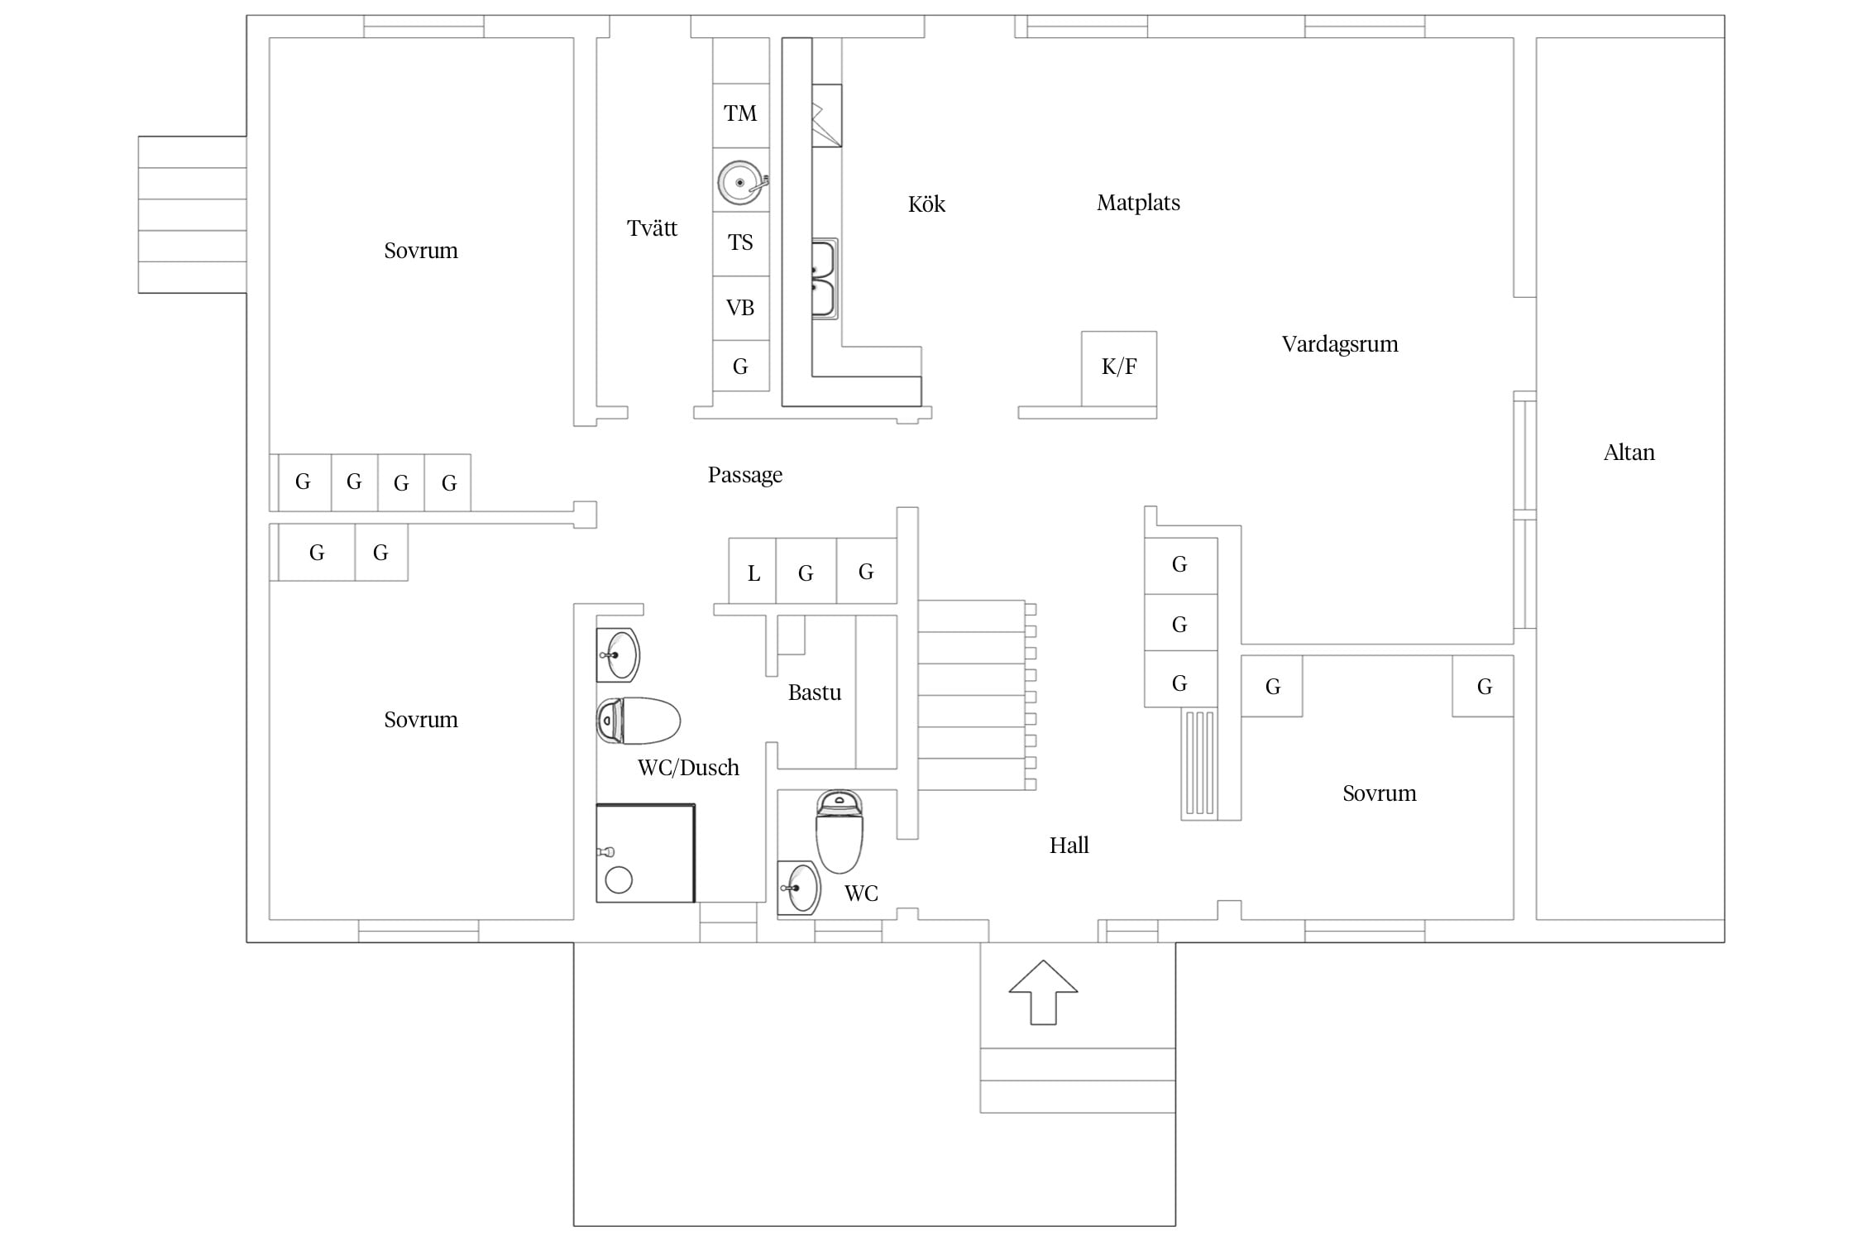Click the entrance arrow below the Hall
click(x=1043, y=992)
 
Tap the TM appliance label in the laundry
click(x=740, y=113)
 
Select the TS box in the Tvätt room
click(x=741, y=244)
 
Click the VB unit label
click(x=740, y=308)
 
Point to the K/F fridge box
click(x=1119, y=369)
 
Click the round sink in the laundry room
click(x=741, y=182)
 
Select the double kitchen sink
click(x=825, y=280)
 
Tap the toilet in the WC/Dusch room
click(x=638, y=721)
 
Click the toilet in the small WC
click(x=840, y=831)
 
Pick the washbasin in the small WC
click(x=799, y=888)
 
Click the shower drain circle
click(x=619, y=880)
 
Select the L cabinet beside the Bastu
click(x=753, y=571)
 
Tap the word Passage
click(x=745, y=476)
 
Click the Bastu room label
click(x=815, y=692)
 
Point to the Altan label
click(x=1629, y=453)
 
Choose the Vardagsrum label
click(x=1340, y=344)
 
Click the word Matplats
click(x=1138, y=204)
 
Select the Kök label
click(x=926, y=204)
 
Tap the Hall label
click(x=1069, y=846)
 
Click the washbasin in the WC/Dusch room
click(x=618, y=655)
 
